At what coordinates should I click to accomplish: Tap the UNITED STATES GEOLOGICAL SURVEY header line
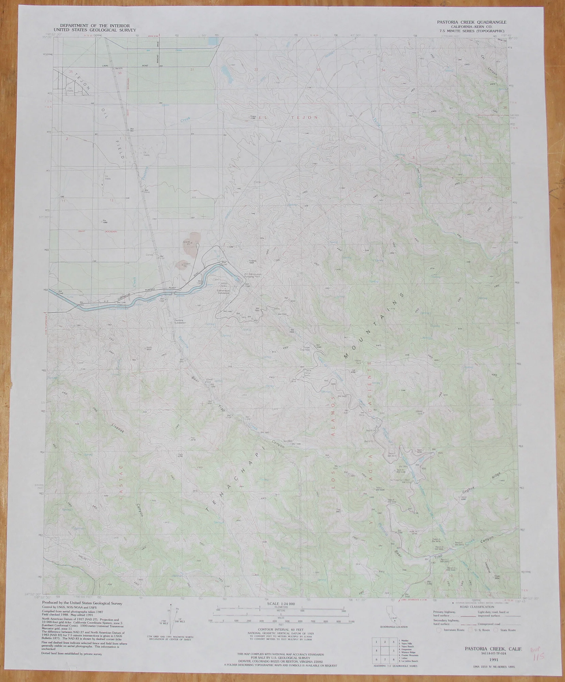[x=94, y=30]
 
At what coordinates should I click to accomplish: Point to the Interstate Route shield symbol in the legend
[x=439, y=630]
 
